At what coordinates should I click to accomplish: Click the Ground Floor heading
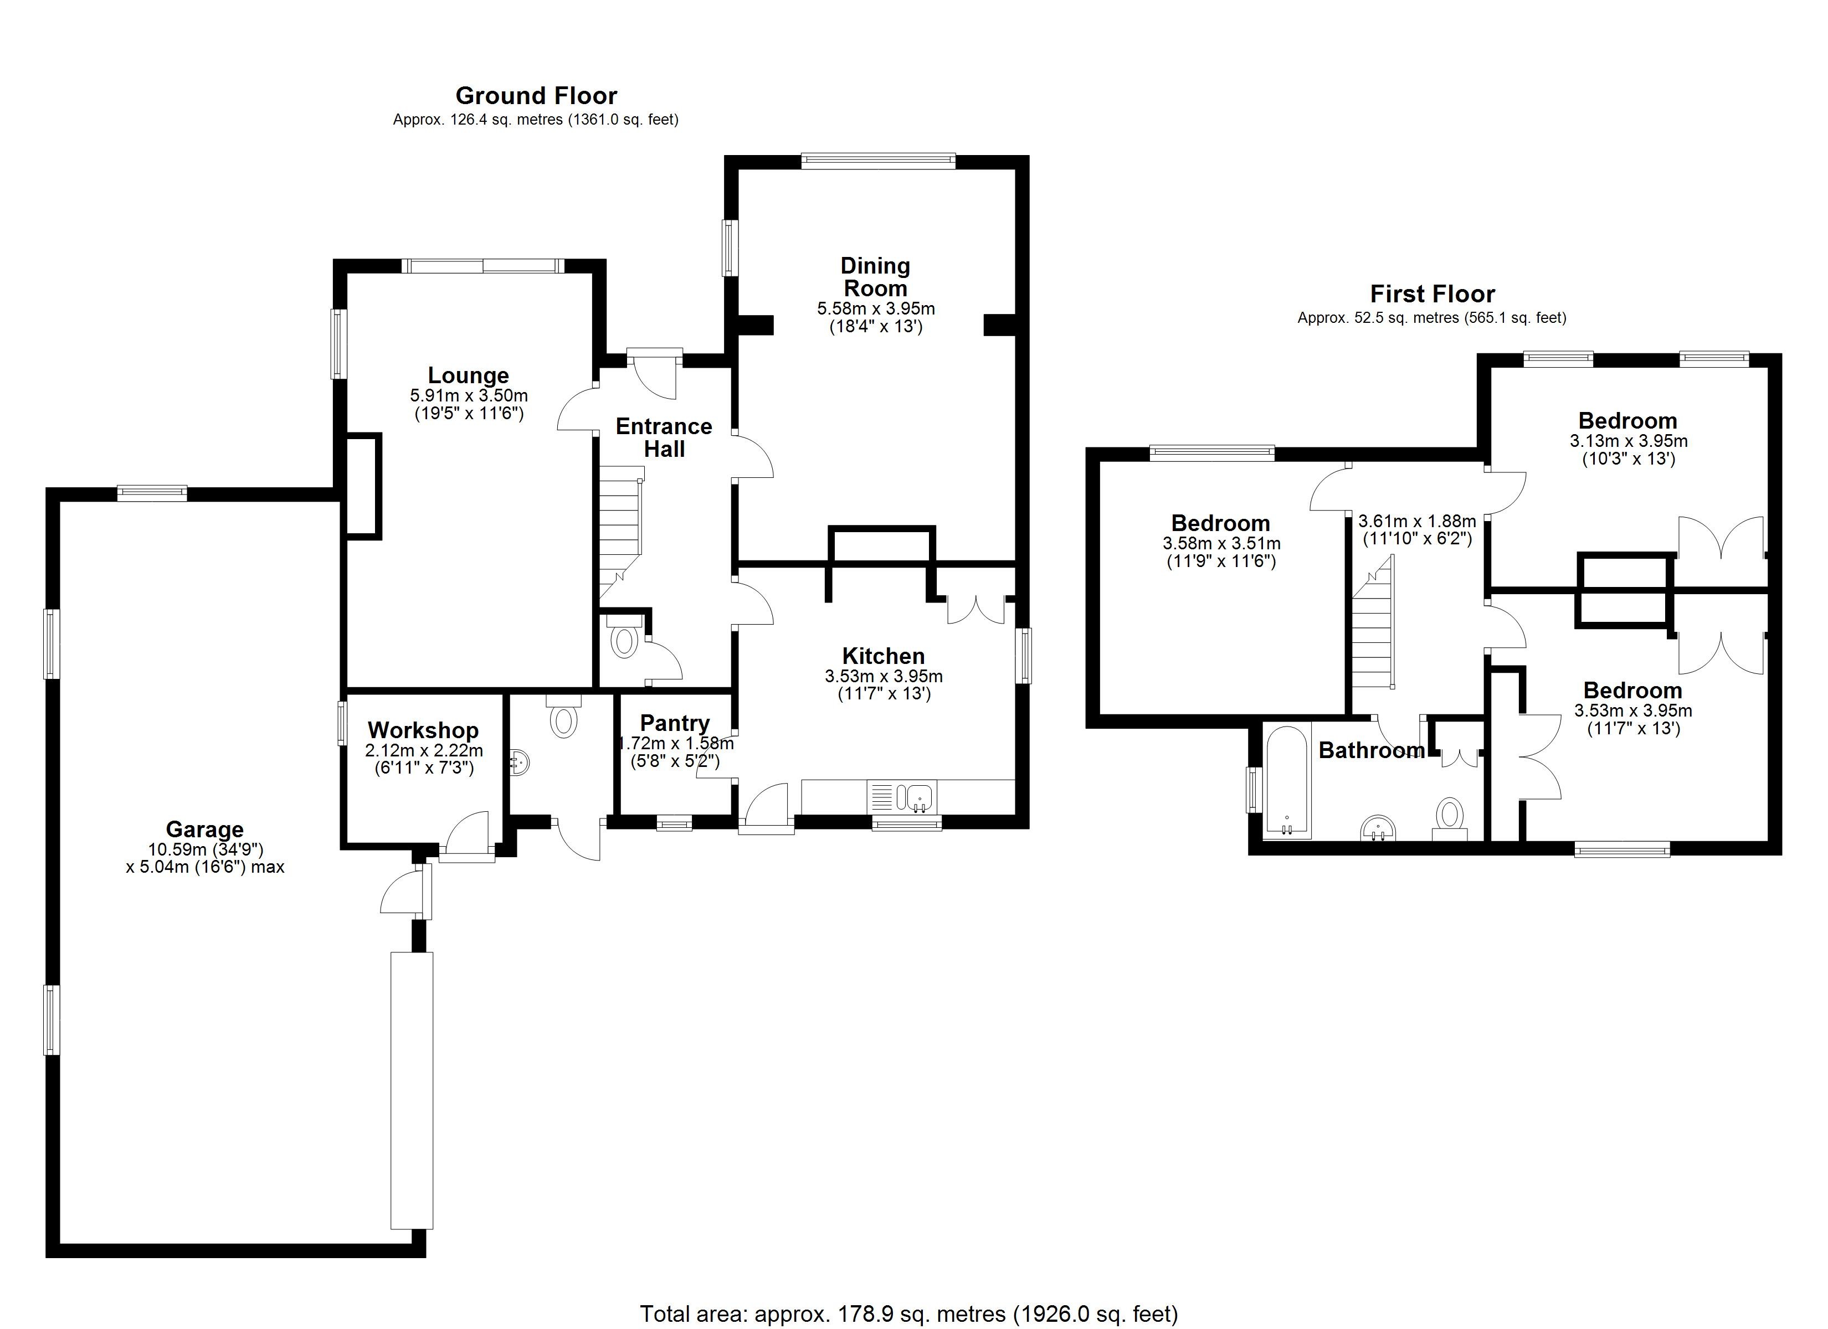(536, 96)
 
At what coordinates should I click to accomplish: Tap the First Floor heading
(1432, 294)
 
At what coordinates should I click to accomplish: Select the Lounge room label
(468, 375)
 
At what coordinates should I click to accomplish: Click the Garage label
(205, 830)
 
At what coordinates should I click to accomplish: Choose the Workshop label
(423, 730)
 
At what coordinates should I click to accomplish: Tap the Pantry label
(675, 723)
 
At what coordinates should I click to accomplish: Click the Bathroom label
(1371, 751)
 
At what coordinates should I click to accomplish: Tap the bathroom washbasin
(1378, 827)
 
